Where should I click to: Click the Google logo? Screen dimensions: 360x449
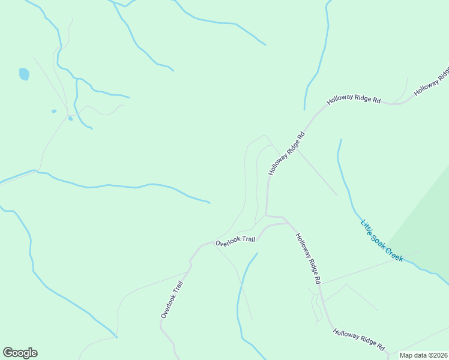coord(20,353)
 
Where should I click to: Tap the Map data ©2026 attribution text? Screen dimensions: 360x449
coord(423,355)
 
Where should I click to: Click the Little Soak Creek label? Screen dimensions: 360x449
coord(382,241)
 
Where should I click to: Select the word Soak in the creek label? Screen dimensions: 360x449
coord(379,238)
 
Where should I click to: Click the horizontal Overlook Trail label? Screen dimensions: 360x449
coord(235,241)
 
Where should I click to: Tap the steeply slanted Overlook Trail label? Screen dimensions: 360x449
coord(171,298)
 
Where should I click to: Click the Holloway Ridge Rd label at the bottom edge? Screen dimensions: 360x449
coord(358,339)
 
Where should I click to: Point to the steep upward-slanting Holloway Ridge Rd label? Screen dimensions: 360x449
coord(287,154)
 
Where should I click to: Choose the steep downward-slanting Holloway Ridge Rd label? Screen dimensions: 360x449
coord(309,259)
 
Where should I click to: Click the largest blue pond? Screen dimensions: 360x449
coord(24,74)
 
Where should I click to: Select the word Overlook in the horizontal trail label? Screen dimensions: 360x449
coord(228,242)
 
